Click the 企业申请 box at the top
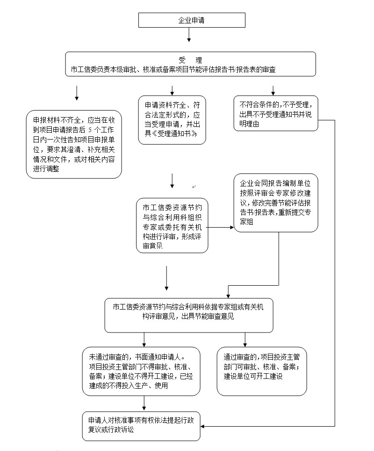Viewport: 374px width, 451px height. pos(192,20)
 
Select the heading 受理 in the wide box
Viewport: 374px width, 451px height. pos(191,60)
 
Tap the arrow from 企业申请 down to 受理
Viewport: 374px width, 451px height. pos(189,35)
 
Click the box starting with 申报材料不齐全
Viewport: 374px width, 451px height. pos(74,144)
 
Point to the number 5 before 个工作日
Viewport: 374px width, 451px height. pos(90,130)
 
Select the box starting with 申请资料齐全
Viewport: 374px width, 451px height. pos(172,120)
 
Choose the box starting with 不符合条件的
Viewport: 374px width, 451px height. pos(276,114)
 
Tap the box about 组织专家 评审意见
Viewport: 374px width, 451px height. pos(172,226)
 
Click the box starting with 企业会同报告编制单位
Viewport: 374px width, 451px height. pos(276,203)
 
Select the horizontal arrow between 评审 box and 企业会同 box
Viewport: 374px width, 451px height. pos(220,227)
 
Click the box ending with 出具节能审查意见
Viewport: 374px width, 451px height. pos(189,315)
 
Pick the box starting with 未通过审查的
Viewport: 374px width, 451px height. pos(141,371)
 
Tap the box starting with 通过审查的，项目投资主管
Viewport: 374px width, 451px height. pos(262,371)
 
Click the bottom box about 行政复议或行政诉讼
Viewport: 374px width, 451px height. pos(141,426)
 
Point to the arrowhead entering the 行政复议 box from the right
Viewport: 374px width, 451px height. pos(202,426)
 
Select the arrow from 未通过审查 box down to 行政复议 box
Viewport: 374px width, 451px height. pos(144,403)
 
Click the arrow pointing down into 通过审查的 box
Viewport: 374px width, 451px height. pos(245,340)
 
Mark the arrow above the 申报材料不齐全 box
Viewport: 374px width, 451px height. pos(77,93)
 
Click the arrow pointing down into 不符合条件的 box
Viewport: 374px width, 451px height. pos(273,90)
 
